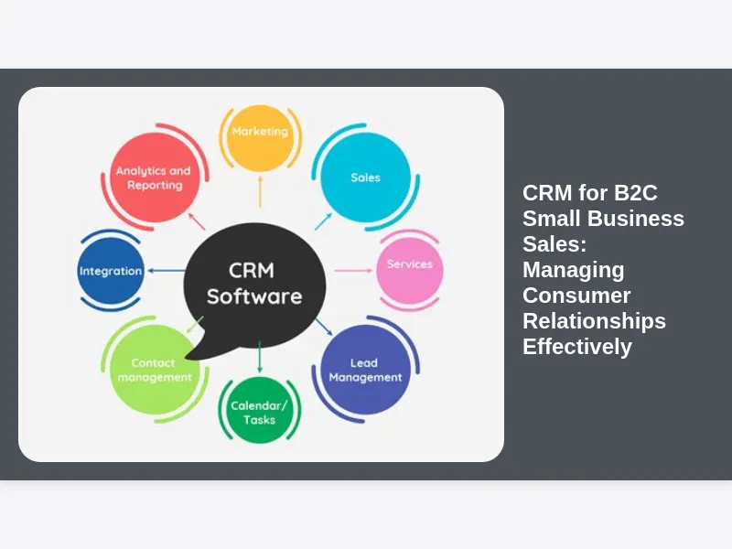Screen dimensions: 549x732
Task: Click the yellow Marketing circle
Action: click(x=260, y=137)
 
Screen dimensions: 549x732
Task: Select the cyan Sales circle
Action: click(x=365, y=177)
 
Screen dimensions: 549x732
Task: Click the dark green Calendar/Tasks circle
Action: click(x=259, y=412)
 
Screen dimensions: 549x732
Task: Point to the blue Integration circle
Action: click(x=111, y=271)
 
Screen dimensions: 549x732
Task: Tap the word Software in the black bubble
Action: click(x=253, y=296)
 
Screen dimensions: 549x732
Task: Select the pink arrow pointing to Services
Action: click(x=352, y=270)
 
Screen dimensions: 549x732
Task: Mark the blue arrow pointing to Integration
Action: click(x=166, y=270)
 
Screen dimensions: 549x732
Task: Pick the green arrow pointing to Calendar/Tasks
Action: click(x=260, y=355)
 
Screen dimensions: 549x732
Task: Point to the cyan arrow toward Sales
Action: click(x=322, y=221)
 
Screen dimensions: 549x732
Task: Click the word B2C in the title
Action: click(x=632, y=193)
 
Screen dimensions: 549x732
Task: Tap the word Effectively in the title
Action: click(x=576, y=347)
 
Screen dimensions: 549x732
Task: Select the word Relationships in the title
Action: click(x=594, y=321)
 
